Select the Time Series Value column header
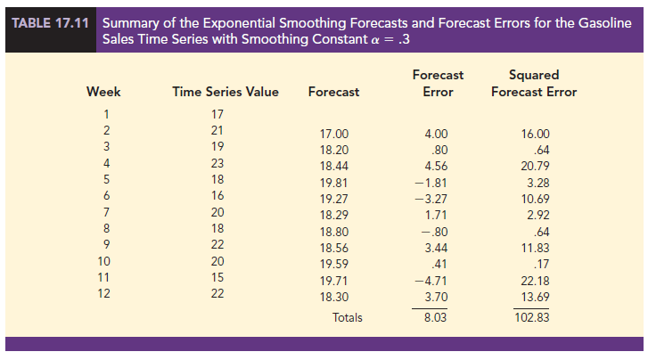tap(226, 92)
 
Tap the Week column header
tap(103, 92)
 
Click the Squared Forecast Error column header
tap(534, 84)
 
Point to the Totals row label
tap(348, 315)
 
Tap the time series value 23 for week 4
tap(217, 163)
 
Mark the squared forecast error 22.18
tap(536, 279)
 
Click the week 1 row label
tap(105, 113)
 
